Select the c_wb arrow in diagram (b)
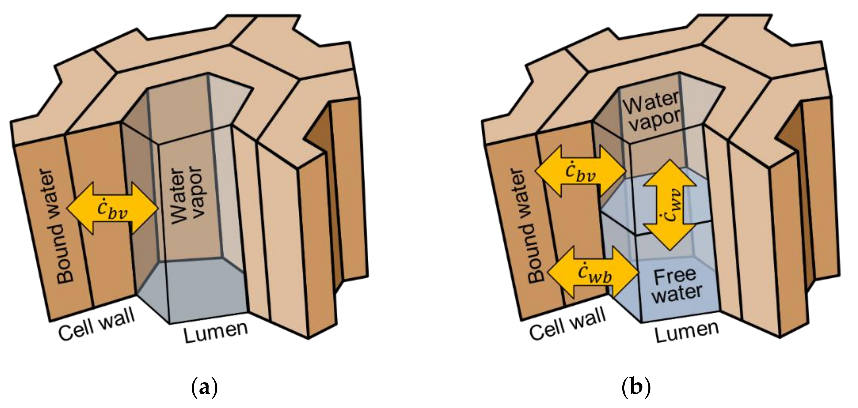[593, 272]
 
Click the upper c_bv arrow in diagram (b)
[580, 170]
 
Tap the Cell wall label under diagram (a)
[97, 323]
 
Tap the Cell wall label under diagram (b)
[568, 323]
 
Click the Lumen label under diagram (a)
[216, 333]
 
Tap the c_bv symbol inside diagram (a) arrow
[112, 210]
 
